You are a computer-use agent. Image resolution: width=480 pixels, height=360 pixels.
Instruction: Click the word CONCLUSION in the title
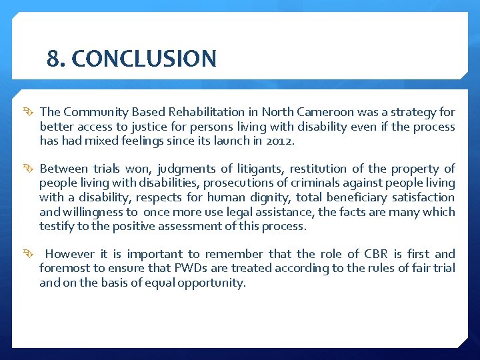(144, 59)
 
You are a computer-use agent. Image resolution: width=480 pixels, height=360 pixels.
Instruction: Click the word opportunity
(211, 283)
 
